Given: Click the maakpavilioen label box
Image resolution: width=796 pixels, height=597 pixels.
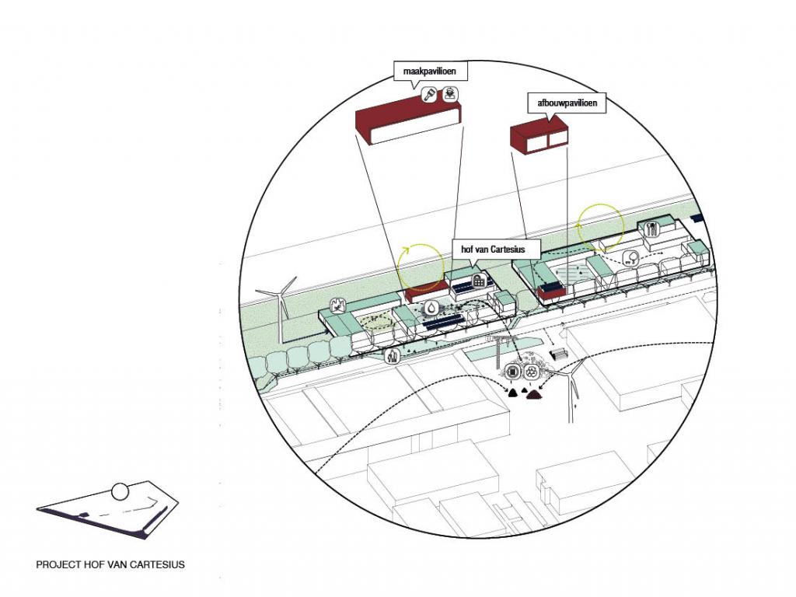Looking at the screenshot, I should coord(424,73).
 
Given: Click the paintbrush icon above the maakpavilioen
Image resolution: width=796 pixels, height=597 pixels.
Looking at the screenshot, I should coord(428,96).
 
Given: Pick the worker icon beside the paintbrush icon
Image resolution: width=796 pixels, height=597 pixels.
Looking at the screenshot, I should coord(450,96).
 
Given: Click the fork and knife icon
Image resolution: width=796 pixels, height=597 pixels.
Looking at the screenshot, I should coord(652,229).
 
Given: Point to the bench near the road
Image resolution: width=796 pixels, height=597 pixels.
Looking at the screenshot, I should coord(558,354).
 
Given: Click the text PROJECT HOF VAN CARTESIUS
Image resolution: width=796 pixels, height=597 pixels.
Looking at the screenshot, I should coord(110,564).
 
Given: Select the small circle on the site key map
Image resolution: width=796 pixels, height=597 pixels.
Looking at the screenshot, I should coord(119,491).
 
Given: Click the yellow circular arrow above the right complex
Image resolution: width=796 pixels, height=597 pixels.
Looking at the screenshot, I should coord(600,224).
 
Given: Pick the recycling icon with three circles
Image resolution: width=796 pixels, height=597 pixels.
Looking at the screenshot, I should coord(531,372).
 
